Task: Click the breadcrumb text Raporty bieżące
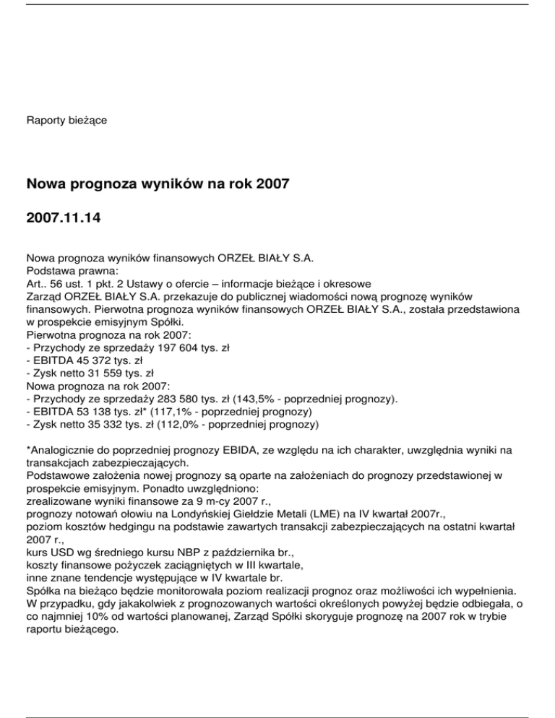(66, 119)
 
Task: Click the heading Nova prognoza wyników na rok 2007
(158, 183)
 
